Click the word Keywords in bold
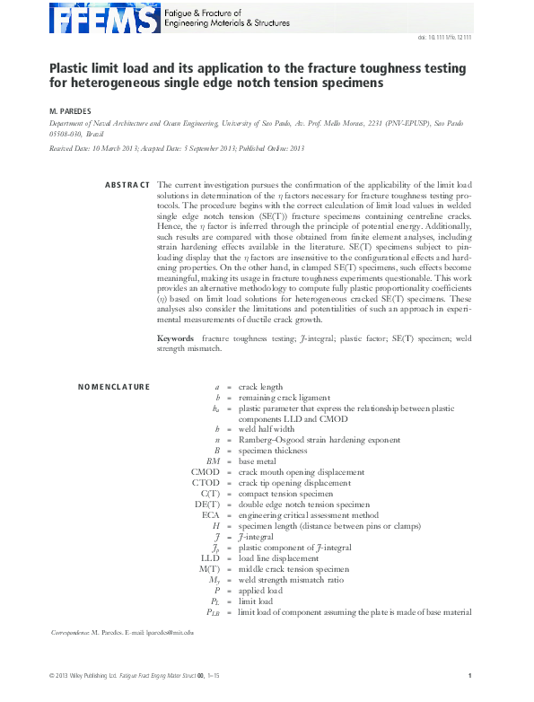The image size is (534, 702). pos(175,338)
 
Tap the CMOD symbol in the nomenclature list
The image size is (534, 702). pos(206,472)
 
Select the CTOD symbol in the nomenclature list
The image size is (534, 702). pos(206,483)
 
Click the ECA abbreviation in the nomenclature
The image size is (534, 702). pos(210,515)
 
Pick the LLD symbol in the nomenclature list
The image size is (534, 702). pos(210,558)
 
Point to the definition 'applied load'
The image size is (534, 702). pos(260,591)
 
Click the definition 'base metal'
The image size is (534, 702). pos(258,461)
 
